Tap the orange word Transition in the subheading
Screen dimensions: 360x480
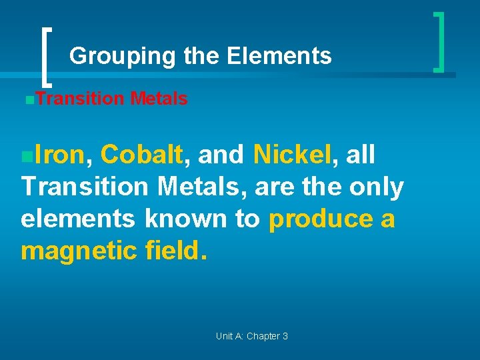(x=80, y=99)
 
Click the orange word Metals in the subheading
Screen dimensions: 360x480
(x=159, y=99)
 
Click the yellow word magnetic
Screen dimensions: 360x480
(x=79, y=251)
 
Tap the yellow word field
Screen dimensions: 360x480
(x=175, y=251)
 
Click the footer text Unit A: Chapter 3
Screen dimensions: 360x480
(x=251, y=336)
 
